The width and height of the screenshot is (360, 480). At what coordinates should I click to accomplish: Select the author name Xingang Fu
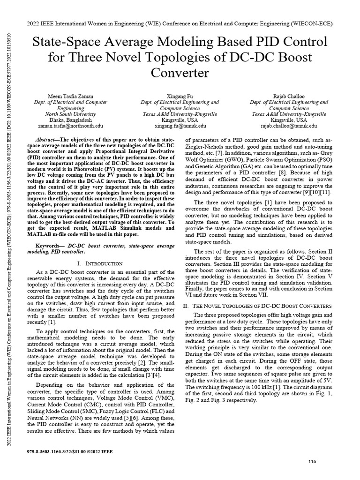[180, 96]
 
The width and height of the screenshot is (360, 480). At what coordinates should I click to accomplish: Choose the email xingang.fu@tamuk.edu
[180, 126]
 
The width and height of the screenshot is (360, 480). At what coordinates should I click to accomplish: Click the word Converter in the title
[180, 74]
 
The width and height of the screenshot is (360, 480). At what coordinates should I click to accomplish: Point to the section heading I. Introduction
[102, 263]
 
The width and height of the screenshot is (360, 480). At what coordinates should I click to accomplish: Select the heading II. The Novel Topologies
[259, 305]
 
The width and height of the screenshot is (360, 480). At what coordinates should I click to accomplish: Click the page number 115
[312, 462]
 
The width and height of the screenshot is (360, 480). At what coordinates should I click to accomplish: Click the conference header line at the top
[180, 23]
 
